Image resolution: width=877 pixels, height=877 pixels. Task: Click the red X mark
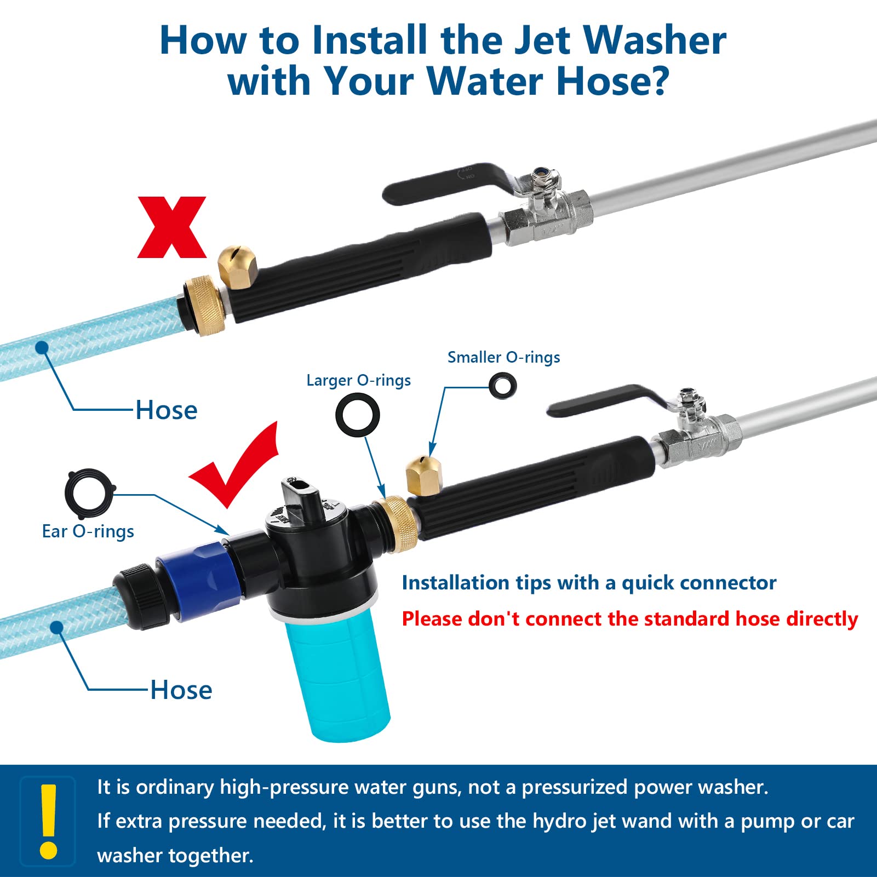(172, 227)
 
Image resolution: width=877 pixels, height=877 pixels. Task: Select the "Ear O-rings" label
(88, 531)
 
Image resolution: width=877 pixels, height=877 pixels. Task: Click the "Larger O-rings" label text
(358, 380)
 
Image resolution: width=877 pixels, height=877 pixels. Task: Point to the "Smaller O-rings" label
(503, 357)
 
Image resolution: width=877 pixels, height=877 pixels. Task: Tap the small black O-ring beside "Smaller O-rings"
(502, 386)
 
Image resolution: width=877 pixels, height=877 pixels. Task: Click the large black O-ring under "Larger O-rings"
(358, 414)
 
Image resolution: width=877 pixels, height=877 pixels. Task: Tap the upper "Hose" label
(167, 410)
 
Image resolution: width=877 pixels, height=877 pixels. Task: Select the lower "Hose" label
(181, 690)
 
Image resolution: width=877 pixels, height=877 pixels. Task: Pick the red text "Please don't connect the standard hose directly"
(630, 619)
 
